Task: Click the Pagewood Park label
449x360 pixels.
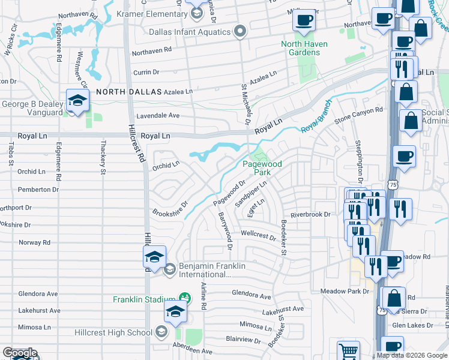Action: click(256, 168)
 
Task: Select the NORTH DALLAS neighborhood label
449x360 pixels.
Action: click(129, 92)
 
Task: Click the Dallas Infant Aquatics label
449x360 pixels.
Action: click(196, 31)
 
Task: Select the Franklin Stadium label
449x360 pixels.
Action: click(144, 299)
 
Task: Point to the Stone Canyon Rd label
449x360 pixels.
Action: click(358, 113)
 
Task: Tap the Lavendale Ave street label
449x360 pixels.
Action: click(158, 115)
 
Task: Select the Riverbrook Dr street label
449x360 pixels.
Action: click(310, 214)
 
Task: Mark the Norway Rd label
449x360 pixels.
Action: click(34, 242)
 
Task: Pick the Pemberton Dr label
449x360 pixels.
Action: click(38, 189)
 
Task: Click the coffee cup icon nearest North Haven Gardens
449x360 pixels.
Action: click(304, 21)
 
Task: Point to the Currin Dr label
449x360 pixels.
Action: click(145, 71)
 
